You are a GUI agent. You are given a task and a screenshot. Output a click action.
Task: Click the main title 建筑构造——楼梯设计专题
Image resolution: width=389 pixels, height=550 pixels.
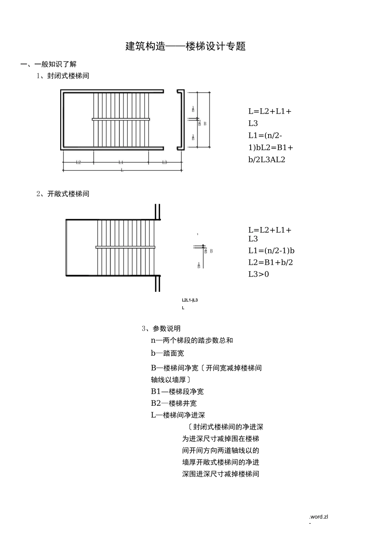tap(185, 46)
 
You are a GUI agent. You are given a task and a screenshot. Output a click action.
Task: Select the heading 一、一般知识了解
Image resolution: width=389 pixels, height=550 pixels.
tap(49, 64)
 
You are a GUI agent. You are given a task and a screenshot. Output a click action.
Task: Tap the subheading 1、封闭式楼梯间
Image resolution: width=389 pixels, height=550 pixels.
tap(63, 76)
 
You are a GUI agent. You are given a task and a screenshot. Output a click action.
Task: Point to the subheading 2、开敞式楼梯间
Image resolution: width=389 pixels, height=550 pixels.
tap(63, 194)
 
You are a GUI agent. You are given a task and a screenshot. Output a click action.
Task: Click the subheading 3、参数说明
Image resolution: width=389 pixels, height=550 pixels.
tap(161, 328)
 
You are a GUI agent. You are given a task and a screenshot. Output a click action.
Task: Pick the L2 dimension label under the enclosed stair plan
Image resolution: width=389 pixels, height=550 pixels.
tap(78, 162)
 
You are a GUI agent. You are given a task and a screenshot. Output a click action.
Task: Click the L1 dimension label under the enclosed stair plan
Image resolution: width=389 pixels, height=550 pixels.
tap(121, 162)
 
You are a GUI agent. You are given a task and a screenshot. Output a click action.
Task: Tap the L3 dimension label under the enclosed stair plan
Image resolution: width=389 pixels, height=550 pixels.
tap(165, 162)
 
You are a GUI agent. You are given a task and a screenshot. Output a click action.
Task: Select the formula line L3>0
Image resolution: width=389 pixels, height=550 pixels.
tap(258, 274)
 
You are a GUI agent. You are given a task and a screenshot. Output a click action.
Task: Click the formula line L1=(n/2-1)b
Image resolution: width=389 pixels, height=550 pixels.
tap(271, 250)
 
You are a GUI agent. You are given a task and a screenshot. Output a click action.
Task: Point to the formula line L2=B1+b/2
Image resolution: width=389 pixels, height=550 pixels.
tap(270, 262)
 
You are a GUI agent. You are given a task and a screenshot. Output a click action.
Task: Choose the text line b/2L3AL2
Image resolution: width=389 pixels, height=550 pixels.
tap(267, 160)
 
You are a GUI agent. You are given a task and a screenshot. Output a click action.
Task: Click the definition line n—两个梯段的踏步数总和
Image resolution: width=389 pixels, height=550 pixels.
tap(192, 340)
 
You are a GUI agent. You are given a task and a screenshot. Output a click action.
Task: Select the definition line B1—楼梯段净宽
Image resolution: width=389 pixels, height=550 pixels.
tap(177, 391)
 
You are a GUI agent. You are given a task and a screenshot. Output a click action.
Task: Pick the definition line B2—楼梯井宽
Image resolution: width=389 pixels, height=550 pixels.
tap(174, 403)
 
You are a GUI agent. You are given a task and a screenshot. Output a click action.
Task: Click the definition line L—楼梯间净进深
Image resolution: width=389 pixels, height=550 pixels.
tap(178, 415)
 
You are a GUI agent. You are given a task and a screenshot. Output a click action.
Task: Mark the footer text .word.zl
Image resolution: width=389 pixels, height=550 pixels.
tap(319, 516)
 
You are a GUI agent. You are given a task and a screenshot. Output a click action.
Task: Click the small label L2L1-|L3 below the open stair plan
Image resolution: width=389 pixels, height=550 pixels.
tap(190, 300)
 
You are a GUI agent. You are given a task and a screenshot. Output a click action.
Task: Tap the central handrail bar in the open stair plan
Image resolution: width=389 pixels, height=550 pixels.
tap(125, 247)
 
